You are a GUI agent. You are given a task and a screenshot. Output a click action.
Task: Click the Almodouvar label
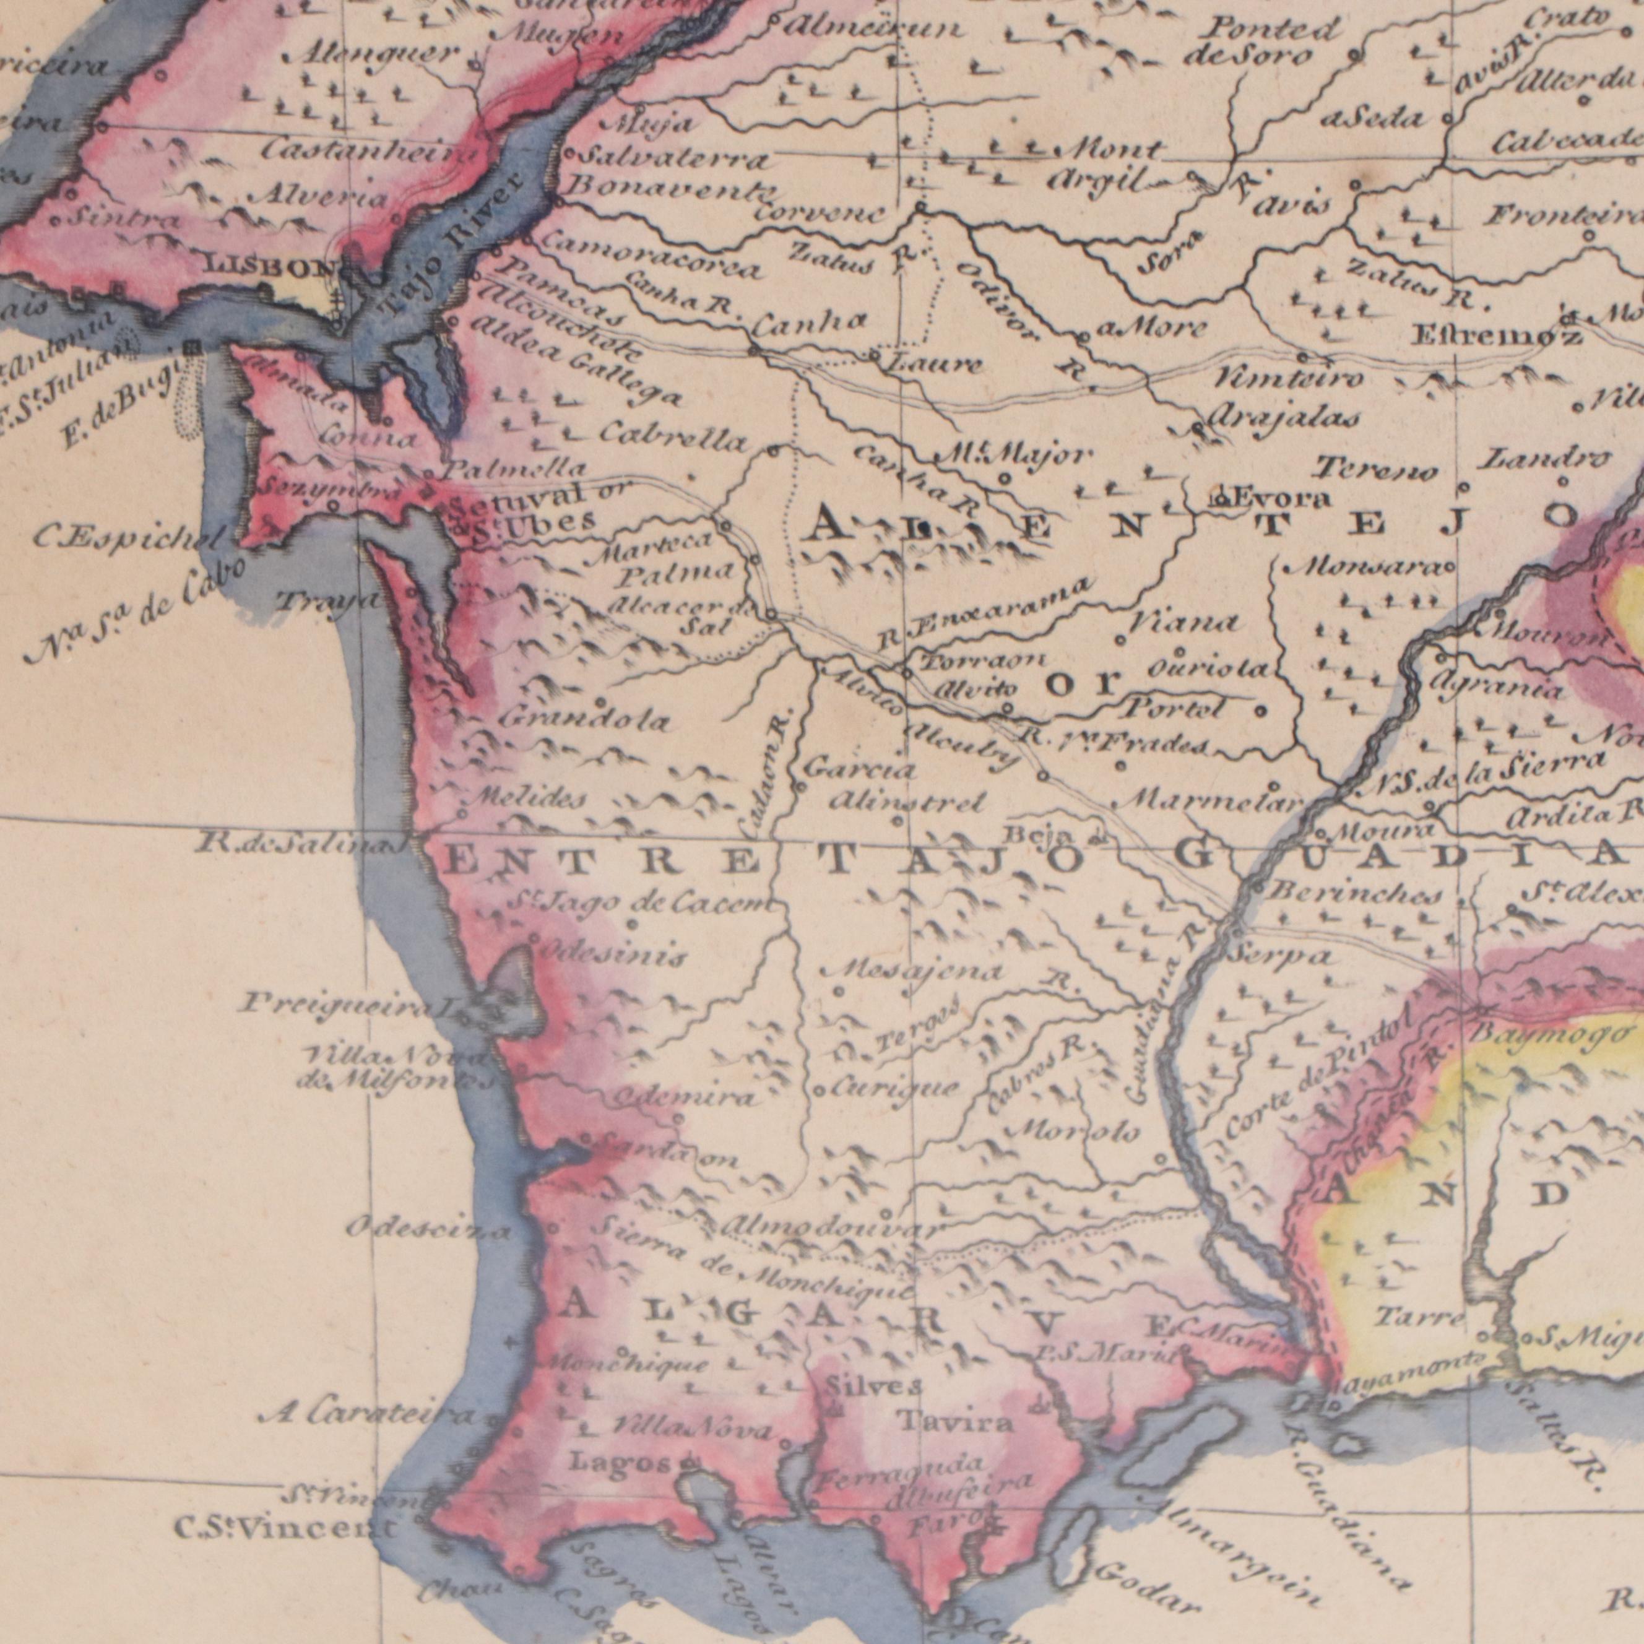(832, 1230)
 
